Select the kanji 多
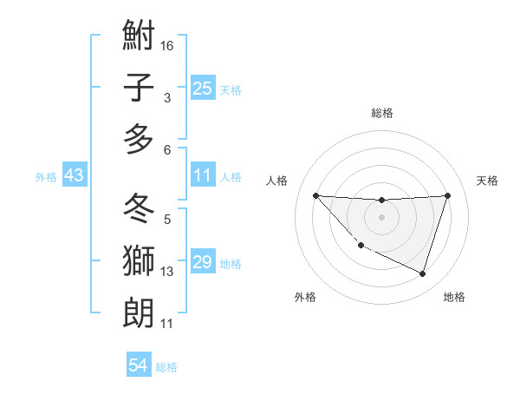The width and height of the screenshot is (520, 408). coord(139,139)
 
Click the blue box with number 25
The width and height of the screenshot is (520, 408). coord(203,88)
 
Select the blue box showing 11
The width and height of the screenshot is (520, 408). coord(203,176)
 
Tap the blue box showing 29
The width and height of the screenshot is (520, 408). coord(203,263)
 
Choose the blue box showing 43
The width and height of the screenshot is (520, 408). coord(75,176)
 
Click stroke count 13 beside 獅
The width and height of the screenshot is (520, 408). coord(167,272)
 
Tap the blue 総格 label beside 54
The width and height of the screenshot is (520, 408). coord(166,367)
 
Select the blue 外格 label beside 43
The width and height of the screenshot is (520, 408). coord(46,177)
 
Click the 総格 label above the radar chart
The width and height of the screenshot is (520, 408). coord(381,113)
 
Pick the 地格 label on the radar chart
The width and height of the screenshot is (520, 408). coord(454,297)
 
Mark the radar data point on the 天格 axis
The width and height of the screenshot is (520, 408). coord(447,195)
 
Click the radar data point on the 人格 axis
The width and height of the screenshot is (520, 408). coord(315,195)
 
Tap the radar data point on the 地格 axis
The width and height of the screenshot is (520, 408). coord(422,274)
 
